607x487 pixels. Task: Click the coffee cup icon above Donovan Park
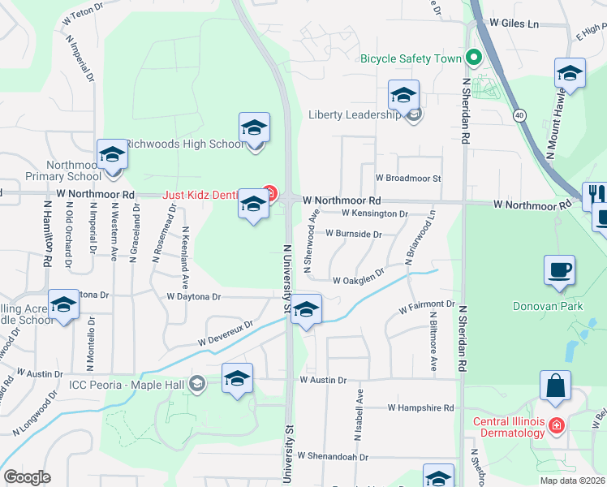(560, 270)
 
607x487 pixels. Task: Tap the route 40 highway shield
(519, 116)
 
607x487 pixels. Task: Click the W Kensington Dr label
(375, 213)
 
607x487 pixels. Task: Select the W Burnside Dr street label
(353, 234)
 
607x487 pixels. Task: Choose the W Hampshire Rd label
(420, 407)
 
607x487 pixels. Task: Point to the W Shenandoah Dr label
(333, 457)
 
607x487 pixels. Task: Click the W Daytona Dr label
(194, 297)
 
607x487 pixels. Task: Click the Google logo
(27, 477)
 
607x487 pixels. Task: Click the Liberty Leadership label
(355, 114)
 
